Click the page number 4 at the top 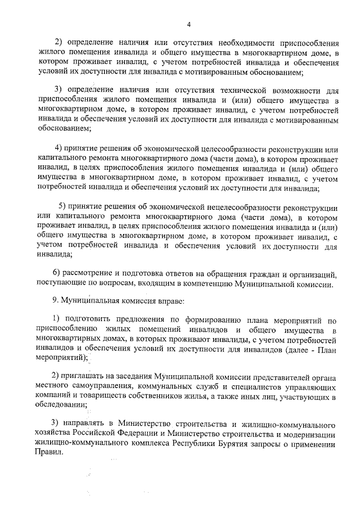tap(189, 24)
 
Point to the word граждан tap(262, 273)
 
